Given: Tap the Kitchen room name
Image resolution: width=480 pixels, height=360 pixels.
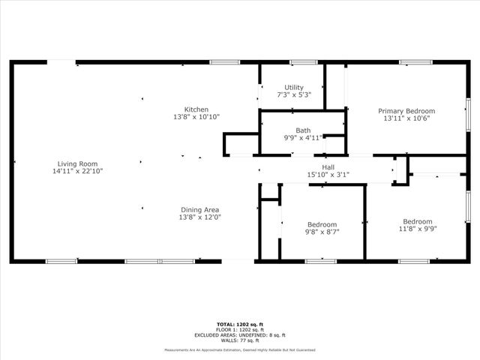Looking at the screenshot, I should point(196,109).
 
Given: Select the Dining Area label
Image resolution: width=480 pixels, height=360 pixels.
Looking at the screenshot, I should point(199,209).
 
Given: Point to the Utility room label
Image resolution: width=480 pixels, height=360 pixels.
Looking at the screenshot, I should point(293,88).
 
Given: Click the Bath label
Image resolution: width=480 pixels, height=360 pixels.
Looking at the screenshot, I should point(302,130).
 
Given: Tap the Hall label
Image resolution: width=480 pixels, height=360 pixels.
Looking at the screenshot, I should point(328,167).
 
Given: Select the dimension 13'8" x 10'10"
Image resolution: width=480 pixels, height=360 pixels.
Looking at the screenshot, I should point(196,117).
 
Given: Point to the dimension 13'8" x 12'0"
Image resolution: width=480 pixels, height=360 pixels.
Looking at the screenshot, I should point(199,217).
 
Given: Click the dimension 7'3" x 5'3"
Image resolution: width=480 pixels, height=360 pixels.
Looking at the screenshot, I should point(293,95).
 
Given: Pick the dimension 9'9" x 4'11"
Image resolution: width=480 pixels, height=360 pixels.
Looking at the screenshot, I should point(302,137).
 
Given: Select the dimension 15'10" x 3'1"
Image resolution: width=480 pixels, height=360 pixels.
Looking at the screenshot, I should point(328,175).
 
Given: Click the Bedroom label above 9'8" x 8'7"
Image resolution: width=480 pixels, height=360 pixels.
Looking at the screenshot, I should point(322,224).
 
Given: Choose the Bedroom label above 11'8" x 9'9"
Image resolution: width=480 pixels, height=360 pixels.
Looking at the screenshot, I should point(417,221).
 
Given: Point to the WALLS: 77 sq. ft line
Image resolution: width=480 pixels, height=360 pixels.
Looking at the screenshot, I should point(239,340).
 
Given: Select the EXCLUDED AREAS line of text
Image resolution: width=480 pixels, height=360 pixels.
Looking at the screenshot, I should point(239,335).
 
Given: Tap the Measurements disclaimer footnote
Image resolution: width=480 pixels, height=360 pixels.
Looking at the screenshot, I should point(239,350).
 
